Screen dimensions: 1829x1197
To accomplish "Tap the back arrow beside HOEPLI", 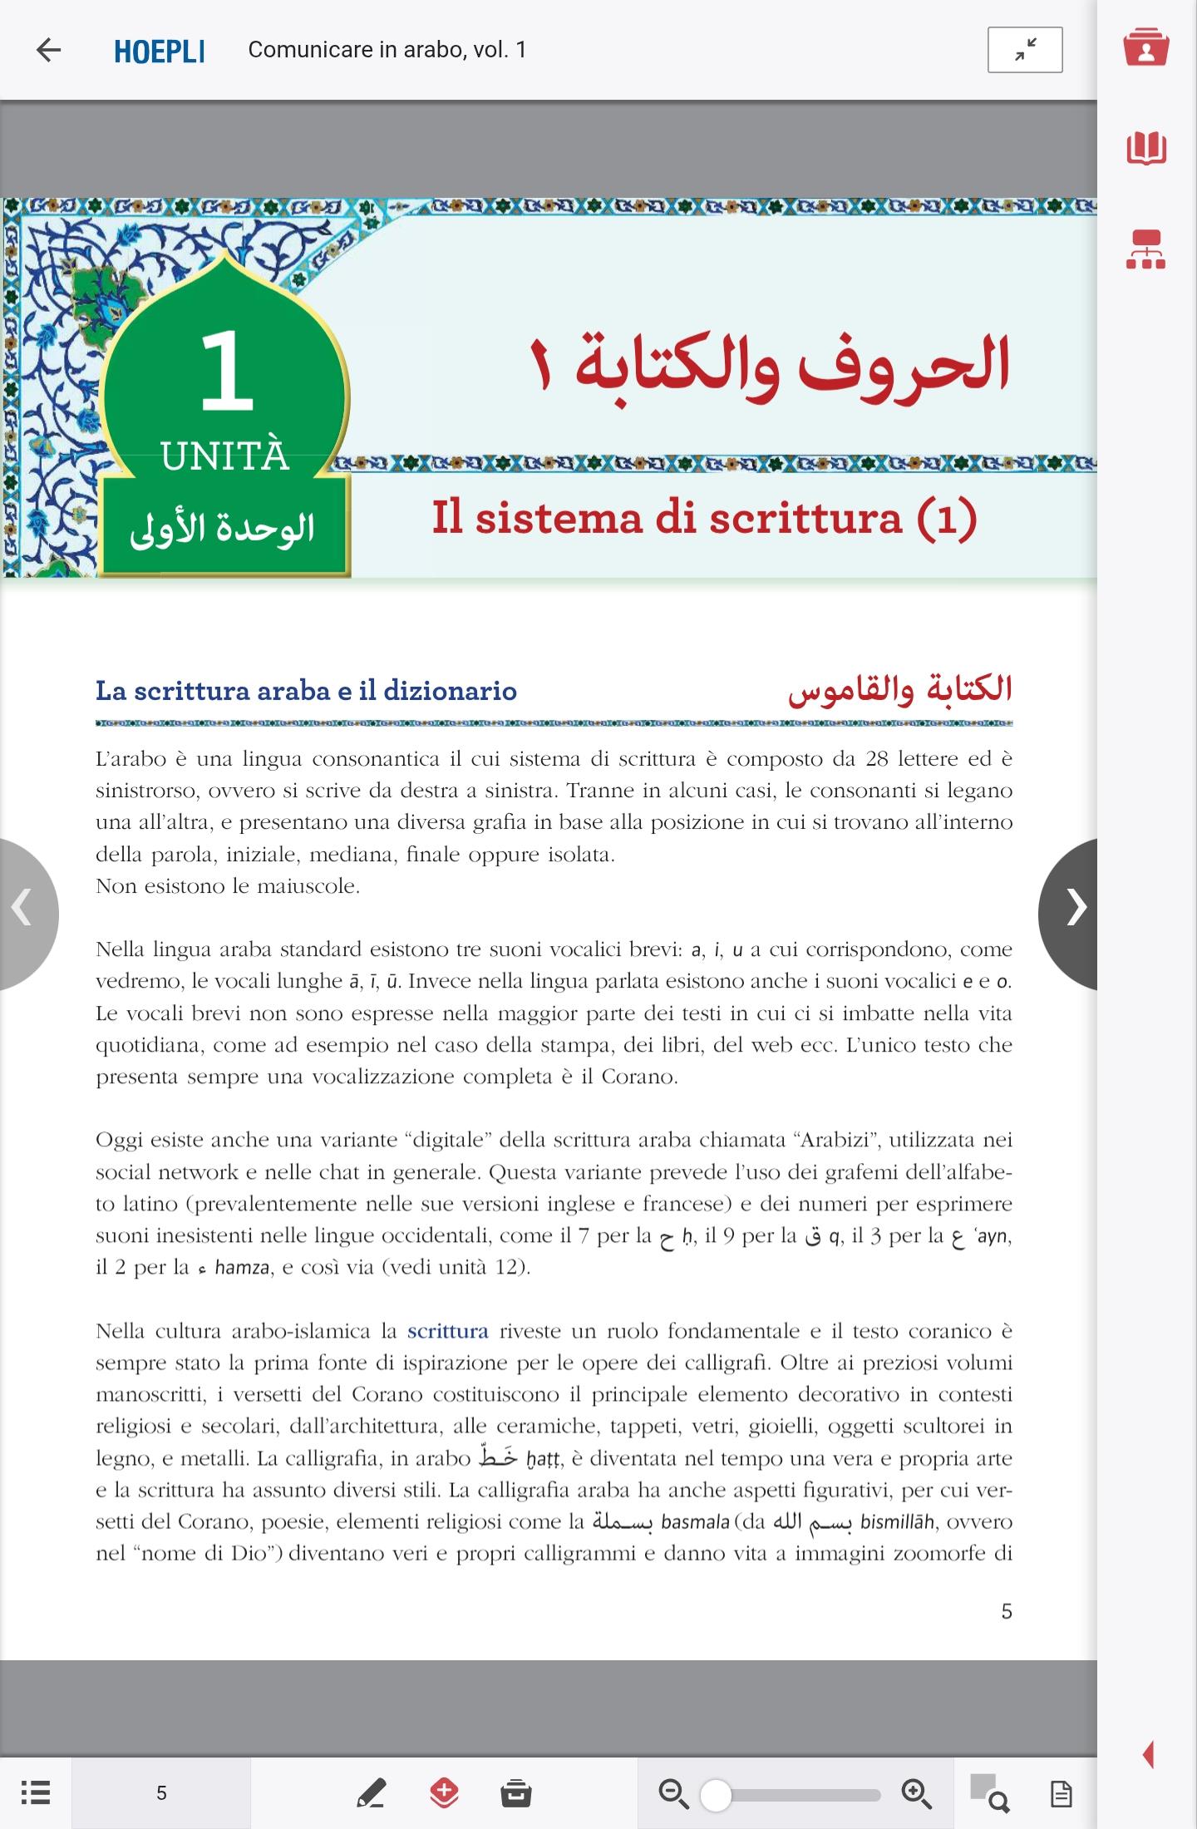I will (49, 50).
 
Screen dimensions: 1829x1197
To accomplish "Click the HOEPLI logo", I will (160, 51).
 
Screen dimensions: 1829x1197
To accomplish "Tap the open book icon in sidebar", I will (1146, 148).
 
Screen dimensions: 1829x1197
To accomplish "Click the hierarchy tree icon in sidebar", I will (1145, 249).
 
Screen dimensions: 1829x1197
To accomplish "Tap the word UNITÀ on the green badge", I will (224, 456).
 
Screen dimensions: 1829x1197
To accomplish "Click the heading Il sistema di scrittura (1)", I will (703, 517).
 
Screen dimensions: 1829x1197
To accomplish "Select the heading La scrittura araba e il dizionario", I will (306, 691).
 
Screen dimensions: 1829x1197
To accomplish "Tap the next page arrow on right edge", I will (1075, 908).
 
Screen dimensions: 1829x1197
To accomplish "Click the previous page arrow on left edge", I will (23, 908).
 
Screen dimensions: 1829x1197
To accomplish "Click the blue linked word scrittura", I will (447, 1331).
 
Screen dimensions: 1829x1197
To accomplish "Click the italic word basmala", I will (695, 1522).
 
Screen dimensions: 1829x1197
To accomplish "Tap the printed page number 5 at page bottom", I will (1006, 1611).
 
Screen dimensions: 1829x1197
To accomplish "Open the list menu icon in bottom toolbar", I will (35, 1792).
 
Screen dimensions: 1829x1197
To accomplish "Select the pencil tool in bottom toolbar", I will (371, 1792).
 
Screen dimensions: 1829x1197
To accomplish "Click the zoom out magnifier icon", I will (672, 1793).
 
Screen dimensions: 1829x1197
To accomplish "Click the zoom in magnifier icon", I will (916, 1793).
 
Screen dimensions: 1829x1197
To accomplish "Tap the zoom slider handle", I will (716, 1795).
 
